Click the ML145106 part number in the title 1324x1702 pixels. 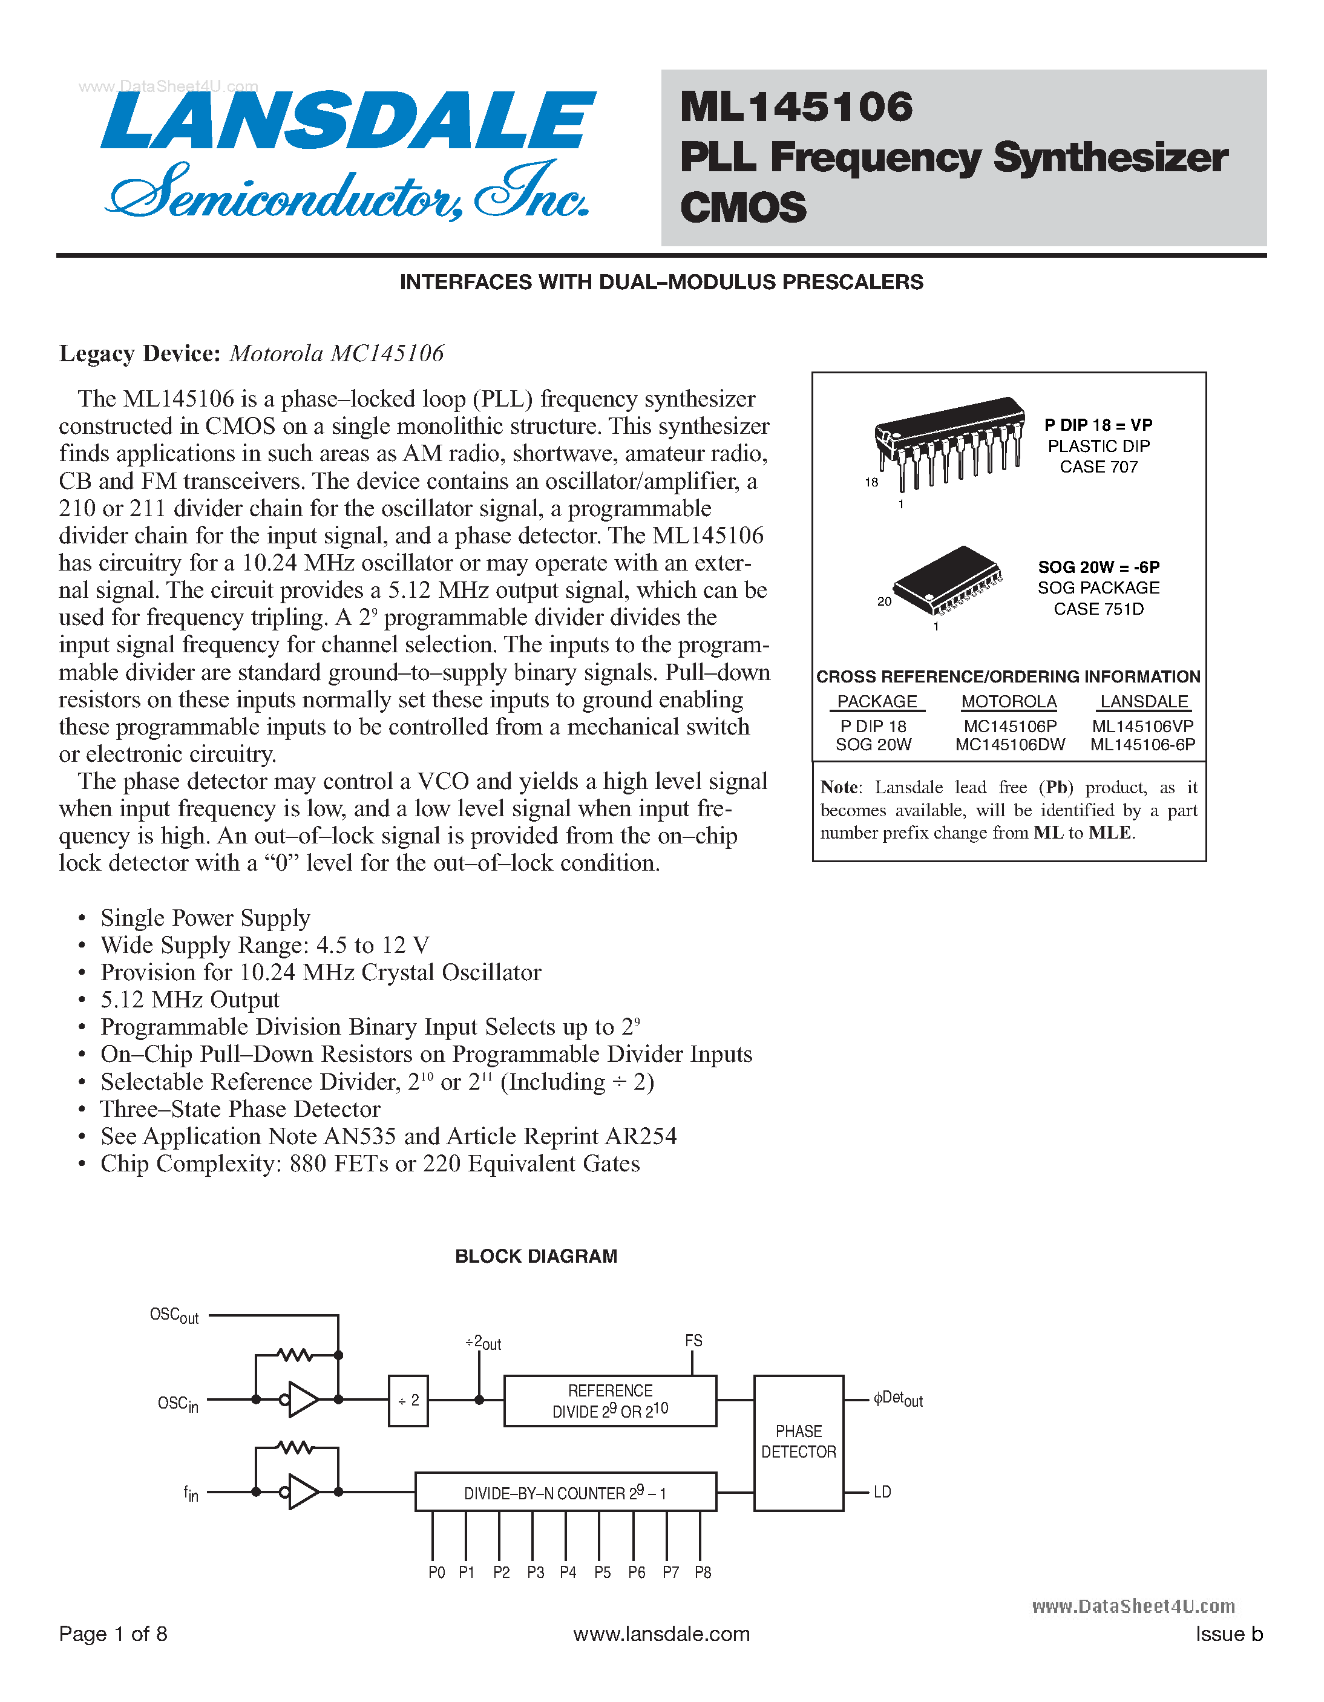(x=796, y=106)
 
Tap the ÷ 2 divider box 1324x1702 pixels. (x=408, y=1401)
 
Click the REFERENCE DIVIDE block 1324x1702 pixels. (x=609, y=1401)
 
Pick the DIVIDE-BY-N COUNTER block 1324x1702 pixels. (x=565, y=1493)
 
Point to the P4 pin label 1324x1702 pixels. (x=568, y=1573)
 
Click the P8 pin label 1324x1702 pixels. (x=703, y=1573)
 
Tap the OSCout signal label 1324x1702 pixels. (x=174, y=1315)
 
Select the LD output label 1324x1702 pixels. (x=882, y=1491)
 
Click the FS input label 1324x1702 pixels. (x=693, y=1340)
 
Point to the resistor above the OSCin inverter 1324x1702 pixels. (x=295, y=1355)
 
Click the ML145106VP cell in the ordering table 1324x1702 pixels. (x=1142, y=725)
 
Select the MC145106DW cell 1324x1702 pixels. (x=1010, y=744)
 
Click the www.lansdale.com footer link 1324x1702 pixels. (x=661, y=1634)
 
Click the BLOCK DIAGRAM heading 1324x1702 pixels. (x=536, y=1256)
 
